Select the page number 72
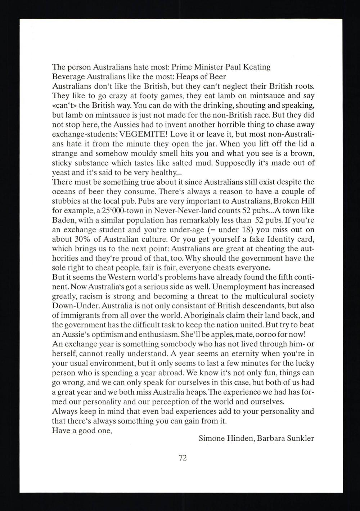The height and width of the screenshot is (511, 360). point(183,458)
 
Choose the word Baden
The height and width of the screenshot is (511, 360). point(63,220)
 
